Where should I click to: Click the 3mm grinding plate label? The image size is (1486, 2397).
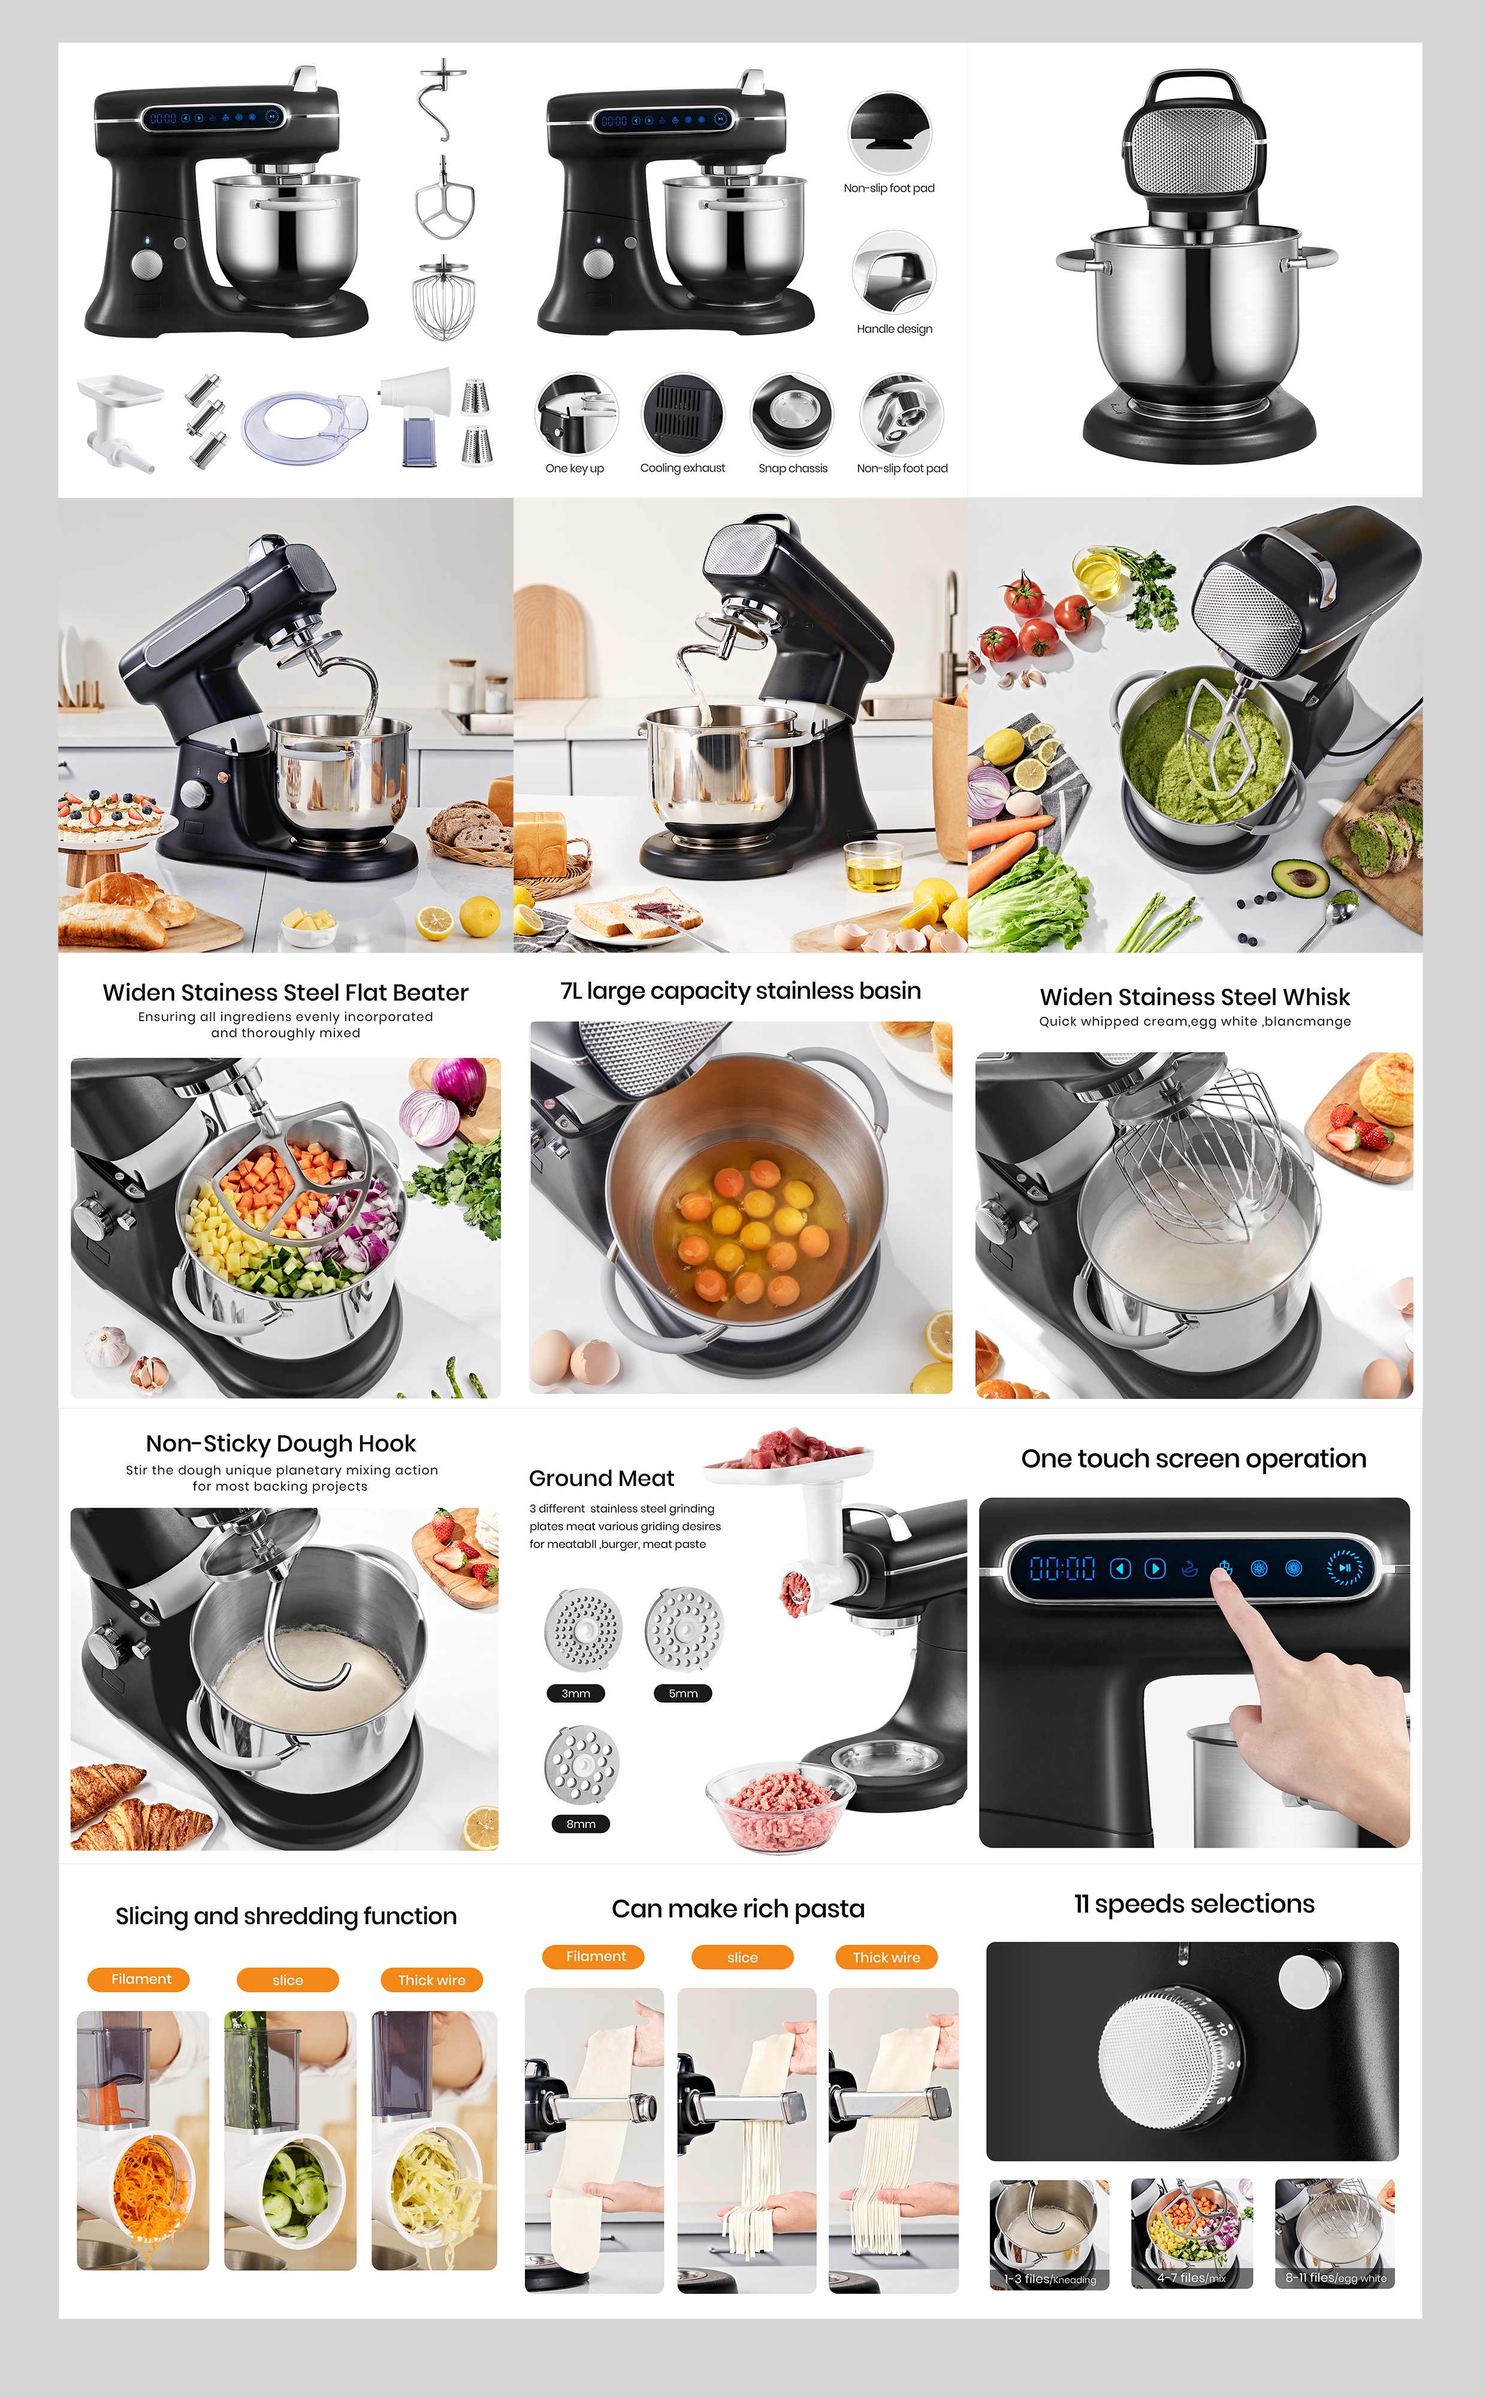576,1693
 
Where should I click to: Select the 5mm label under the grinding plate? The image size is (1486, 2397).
683,1693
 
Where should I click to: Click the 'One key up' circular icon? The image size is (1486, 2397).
576,413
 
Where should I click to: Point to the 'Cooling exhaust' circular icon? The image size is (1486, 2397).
683,413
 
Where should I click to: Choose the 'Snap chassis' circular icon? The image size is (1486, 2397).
792,413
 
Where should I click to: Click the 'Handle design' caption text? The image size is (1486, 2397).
895,329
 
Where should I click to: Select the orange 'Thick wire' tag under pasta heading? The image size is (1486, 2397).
886,1957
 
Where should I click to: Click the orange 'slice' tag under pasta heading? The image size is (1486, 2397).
742,1957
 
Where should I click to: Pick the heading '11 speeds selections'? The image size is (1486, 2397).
1194,1904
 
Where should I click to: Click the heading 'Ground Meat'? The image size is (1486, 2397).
602,1478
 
